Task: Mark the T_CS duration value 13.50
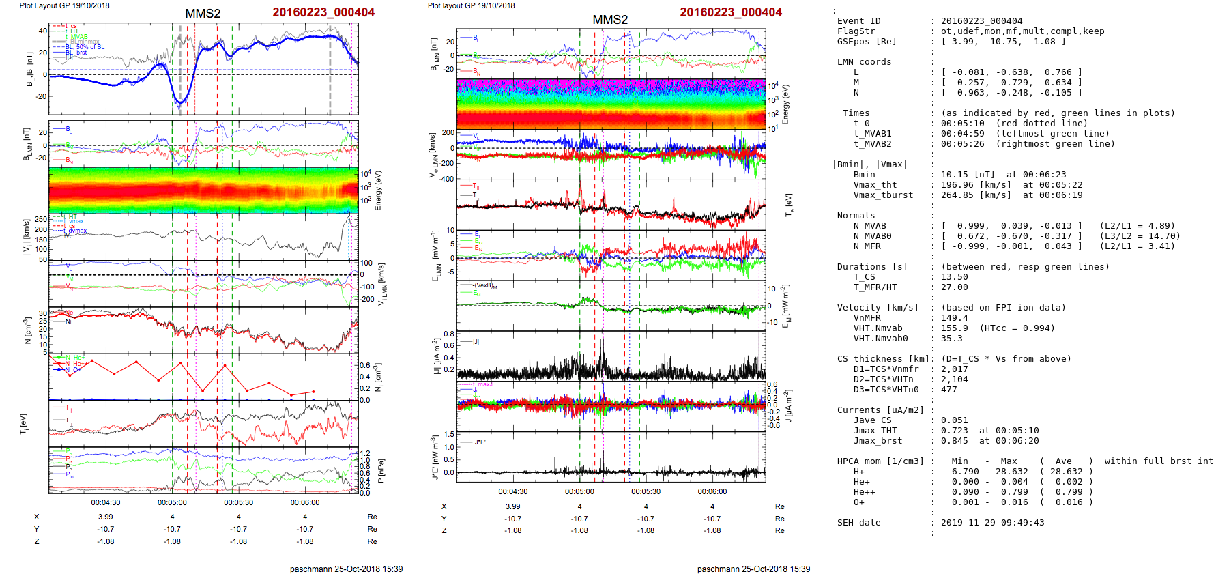tap(954, 277)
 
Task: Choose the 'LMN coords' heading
tap(864, 62)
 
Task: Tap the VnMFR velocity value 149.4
tap(954, 318)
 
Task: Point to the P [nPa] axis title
tap(381, 471)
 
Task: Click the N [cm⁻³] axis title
tap(28, 331)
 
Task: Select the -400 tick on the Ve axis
tap(447, 179)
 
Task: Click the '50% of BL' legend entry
tap(90, 47)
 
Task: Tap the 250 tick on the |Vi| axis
tap(41, 220)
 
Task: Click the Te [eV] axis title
tap(789, 205)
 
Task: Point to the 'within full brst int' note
tap(1159, 461)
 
